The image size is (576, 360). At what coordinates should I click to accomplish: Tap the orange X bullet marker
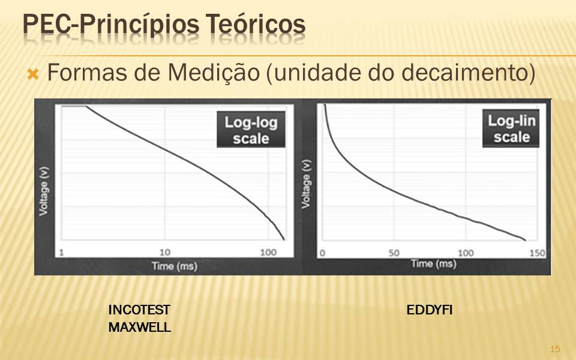click(x=33, y=74)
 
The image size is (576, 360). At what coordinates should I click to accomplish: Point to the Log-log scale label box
click(x=251, y=130)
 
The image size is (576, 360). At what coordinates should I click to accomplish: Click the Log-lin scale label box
click(x=511, y=128)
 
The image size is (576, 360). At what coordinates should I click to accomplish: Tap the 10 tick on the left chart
click(x=165, y=253)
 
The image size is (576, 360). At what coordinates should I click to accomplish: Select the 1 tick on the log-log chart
click(x=61, y=253)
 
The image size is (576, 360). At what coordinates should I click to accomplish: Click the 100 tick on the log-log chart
click(x=268, y=253)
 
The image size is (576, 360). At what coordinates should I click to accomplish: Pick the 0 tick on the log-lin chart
click(x=323, y=253)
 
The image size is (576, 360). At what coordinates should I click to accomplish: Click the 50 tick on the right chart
click(x=394, y=253)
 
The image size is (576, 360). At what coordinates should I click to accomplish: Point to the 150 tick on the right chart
click(x=538, y=253)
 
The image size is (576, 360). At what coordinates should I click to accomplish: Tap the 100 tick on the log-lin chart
click(x=466, y=253)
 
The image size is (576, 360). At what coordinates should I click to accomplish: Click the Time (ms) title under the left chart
click(x=175, y=266)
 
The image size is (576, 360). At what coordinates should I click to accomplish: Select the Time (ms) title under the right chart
click(x=433, y=264)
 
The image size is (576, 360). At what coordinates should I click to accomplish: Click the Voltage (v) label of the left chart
click(x=44, y=191)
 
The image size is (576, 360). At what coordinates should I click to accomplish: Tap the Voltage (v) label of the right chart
click(x=306, y=184)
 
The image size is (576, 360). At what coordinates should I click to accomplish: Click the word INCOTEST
click(x=139, y=310)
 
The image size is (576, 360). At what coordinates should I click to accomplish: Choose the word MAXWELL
click(x=140, y=328)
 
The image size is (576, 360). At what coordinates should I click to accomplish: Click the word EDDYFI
click(x=430, y=310)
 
